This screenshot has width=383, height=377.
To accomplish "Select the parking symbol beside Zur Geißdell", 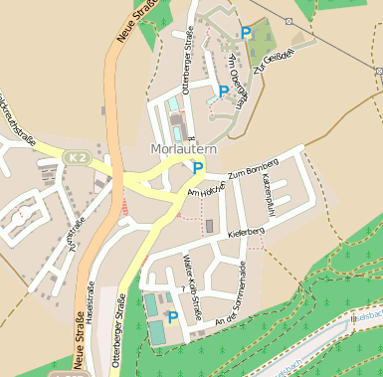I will (246, 33).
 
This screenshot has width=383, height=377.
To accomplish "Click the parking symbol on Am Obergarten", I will (224, 92).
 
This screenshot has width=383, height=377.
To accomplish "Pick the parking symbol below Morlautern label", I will (198, 168).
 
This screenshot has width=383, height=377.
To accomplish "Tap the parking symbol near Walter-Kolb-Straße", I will (173, 317).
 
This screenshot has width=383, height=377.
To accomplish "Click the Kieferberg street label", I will (246, 233).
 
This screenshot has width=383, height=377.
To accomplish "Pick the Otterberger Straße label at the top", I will (186, 55).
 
